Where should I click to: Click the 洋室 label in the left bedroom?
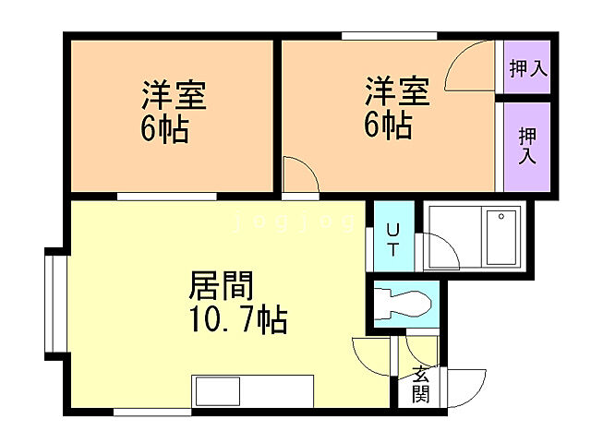coord(174,96)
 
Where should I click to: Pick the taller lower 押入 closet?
coord(527,145)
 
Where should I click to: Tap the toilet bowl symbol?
coord(406,303)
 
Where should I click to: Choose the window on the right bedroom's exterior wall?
coord(388,36)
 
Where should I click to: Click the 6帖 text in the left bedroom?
coord(165,130)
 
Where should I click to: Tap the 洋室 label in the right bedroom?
coord(397,92)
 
